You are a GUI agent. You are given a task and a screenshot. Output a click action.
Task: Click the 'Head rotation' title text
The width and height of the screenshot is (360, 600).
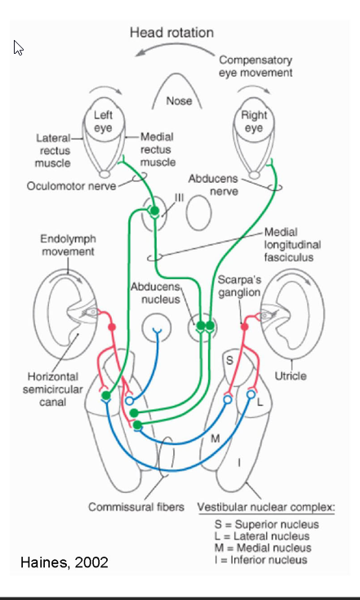click(x=171, y=33)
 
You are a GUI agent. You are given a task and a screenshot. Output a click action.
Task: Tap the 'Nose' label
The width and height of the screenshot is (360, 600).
click(x=178, y=101)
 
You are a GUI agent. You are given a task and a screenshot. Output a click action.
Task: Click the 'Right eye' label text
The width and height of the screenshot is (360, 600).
click(x=254, y=122)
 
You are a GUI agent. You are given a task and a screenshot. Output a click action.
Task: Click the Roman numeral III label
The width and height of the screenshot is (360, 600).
click(x=179, y=197)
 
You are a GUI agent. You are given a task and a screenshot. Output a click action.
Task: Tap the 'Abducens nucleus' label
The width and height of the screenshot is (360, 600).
click(x=155, y=293)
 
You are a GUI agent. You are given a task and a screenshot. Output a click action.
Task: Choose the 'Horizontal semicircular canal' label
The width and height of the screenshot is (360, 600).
click(x=48, y=389)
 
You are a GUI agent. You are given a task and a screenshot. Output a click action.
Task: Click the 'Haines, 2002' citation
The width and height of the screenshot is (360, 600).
click(x=64, y=562)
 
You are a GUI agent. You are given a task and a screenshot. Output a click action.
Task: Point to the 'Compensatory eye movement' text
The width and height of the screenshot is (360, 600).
click(x=255, y=66)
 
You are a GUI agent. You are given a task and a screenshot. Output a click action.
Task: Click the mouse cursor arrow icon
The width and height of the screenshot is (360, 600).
click(x=17, y=48)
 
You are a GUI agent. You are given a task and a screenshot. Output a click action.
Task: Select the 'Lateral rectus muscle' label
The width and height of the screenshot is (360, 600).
click(x=52, y=151)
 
